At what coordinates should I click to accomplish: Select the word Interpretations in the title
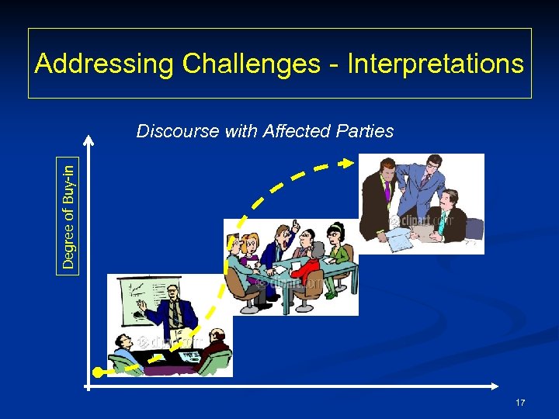pyautogui.click(x=436, y=64)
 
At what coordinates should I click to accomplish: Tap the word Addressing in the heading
pyautogui.click(x=104, y=64)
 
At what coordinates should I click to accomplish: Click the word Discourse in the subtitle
pyautogui.click(x=178, y=131)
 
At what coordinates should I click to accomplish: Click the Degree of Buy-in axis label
pyautogui.click(x=69, y=213)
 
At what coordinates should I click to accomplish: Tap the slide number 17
pyautogui.click(x=520, y=403)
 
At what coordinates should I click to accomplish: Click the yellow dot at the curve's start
pyautogui.click(x=97, y=373)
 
